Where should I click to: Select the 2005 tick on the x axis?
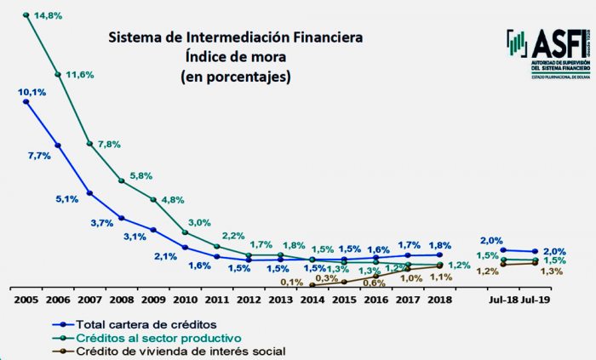point(26,299)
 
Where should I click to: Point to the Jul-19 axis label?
point(536,299)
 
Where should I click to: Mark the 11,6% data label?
point(80,76)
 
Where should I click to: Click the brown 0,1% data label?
point(291,282)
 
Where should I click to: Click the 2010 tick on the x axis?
point(185,299)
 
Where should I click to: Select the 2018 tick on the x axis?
point(438,299)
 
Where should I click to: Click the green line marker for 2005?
point(26,14)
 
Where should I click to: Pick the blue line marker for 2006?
point(58,146)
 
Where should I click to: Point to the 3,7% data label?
point(100,223)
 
